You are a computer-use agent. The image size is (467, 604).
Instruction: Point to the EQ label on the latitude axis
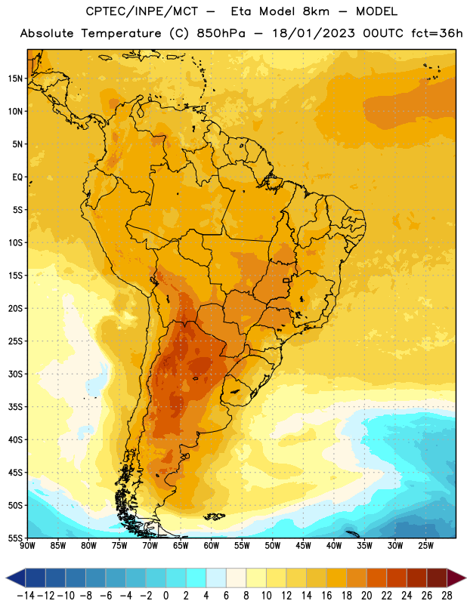tap(17, 177)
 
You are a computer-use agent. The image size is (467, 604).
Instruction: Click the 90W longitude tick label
tap(27, 546)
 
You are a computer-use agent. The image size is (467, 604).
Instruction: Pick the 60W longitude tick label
tap(212, 546)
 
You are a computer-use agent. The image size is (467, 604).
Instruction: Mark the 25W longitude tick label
tap(425, 546)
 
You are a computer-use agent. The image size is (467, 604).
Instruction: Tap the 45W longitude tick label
tap(303, 546)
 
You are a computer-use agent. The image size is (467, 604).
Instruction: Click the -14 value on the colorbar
tap(26, 596)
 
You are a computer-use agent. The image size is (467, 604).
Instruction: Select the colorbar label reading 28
tap(447, 596)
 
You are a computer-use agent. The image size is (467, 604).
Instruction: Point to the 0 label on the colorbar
tap(165, 596)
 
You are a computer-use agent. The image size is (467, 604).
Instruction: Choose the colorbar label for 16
tap(326, 596)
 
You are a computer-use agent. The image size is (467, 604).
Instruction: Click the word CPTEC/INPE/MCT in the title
tap(142, 11)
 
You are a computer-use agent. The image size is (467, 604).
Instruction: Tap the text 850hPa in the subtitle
tap(221, 33)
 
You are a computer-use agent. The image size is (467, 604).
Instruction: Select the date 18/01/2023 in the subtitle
tap(314, 33)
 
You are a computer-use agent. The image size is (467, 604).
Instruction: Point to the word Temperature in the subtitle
tap(121, 33)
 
